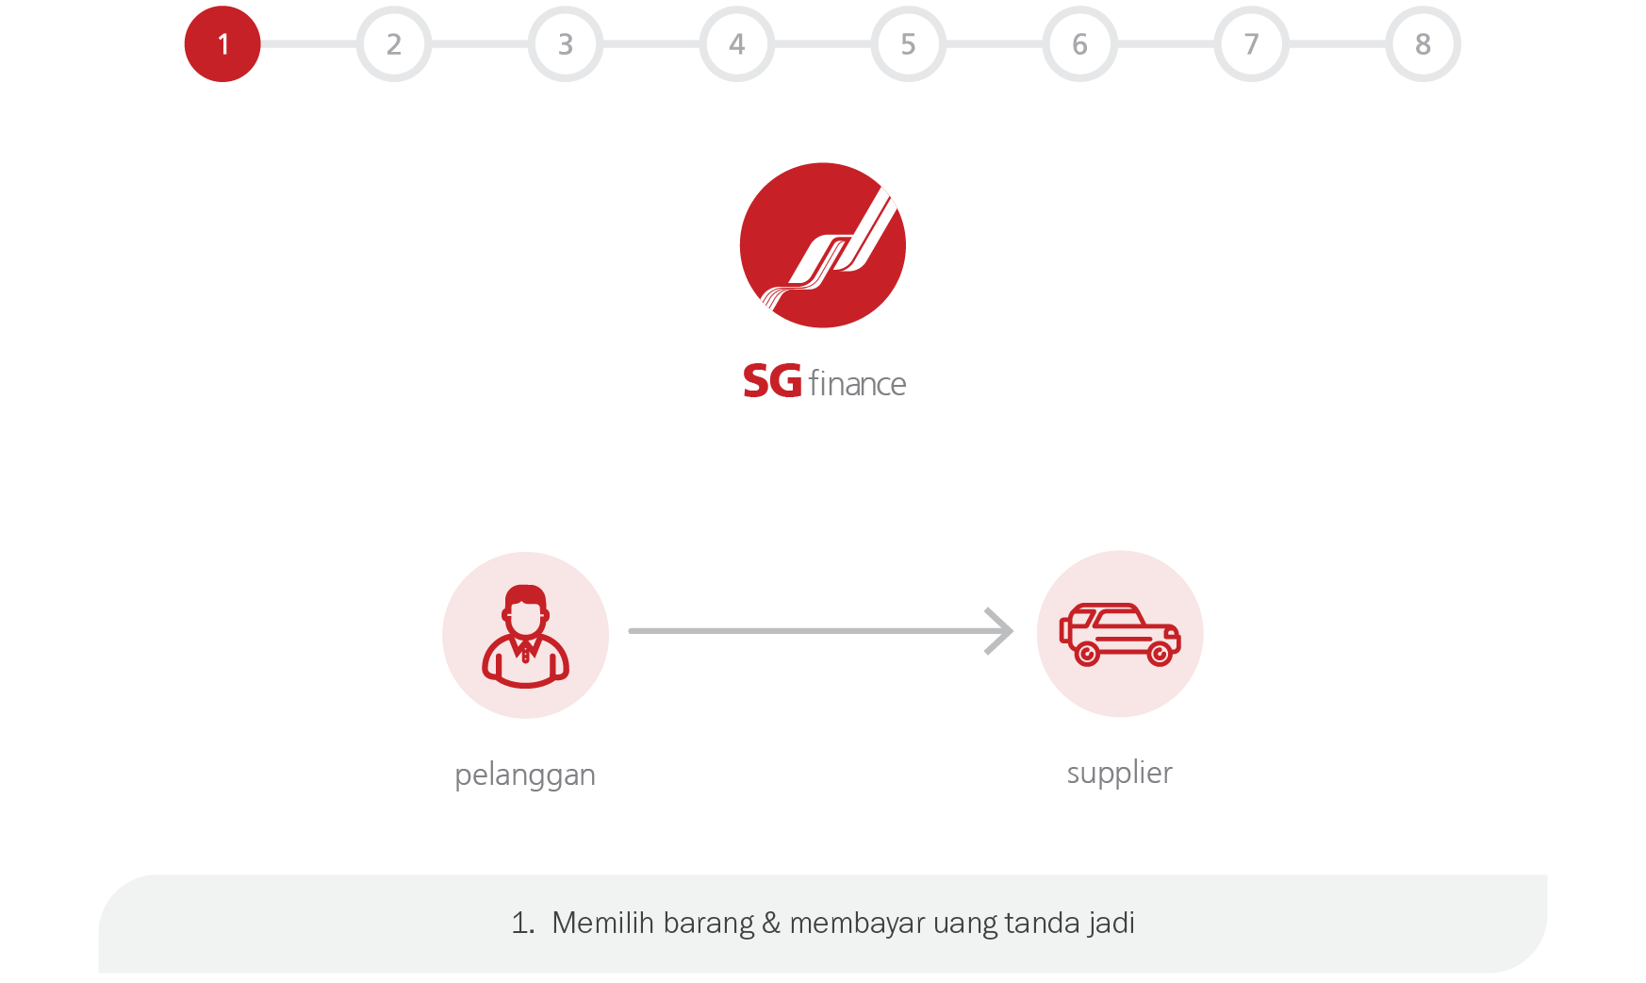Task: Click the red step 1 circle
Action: (x=222, y=44)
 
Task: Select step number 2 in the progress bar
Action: (x=394, y=44)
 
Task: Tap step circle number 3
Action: (x=566, y=44)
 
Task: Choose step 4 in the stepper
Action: (x=737, y=44)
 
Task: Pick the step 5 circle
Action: (x=909, y=44)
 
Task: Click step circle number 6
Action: (x=1080, y=44)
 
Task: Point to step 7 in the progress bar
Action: (x=1252, y=44)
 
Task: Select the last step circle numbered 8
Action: (x=1424, y=44)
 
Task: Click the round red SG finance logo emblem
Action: (x=823, y=245)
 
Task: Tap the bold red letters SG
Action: (x=772, y=382)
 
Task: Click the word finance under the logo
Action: (x=857, y=384)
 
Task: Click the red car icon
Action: (x=1120, y=634)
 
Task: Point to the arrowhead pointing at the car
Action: (x=1001, y=631)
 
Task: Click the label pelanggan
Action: (x=525, y=775)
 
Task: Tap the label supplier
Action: (x=1119, y=774)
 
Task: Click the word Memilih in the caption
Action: (x=602, y=923)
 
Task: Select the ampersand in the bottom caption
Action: (x=771, y=923)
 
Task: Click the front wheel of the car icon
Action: (x=1160, y=653)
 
